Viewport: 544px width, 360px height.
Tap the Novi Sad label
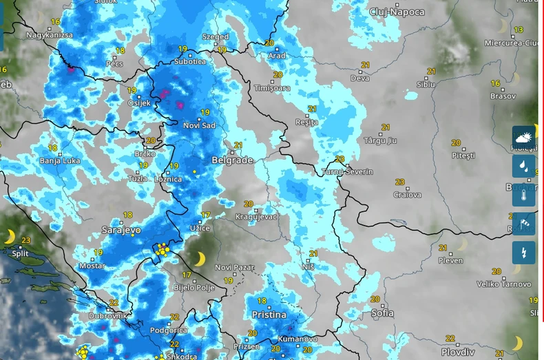[x=200, y=125]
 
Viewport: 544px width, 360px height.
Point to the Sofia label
[x=382, y=313]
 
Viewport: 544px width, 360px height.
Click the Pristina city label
[x=269, y=315]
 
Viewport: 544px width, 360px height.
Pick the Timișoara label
[x=272, y=88]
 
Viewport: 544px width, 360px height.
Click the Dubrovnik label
[x=107, y=315]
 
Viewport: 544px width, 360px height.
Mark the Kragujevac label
[x=257, y=217]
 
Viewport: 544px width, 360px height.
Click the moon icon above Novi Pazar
[x=199, y=259]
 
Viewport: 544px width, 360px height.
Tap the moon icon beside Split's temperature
[x=10, y=237]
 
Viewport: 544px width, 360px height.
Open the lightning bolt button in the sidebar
[x=523, y=252]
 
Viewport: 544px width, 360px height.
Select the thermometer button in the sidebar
[x=523, y=195]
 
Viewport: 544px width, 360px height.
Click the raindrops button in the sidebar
[x=523, y=166]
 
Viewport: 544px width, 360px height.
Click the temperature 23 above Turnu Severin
[x=339, y=159]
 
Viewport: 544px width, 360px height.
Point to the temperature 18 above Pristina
[x=262, y=301]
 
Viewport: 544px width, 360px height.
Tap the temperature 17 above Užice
[x=205, y=215]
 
